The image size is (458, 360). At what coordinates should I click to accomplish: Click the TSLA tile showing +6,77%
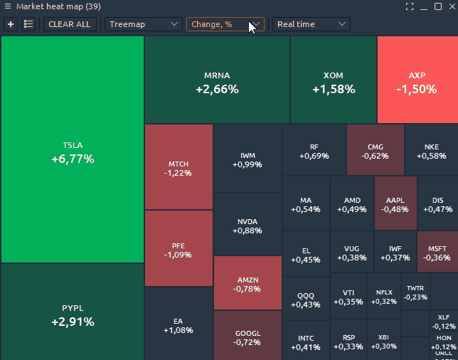tap(72, 152)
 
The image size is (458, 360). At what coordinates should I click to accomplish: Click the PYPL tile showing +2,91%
tap(72, 314)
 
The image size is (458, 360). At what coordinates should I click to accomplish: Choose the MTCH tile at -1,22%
tap(178, 168)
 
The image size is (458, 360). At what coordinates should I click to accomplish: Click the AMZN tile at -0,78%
tap(247, 283)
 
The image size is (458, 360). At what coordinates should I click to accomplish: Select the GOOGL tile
tap(247, 337)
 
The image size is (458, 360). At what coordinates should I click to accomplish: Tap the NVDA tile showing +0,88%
tap(247, 226)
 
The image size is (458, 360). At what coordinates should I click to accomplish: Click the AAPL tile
tap(395, 204)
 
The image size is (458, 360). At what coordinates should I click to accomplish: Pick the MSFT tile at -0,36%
tap(437, 252)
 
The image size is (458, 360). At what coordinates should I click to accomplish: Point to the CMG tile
tap(375, 151)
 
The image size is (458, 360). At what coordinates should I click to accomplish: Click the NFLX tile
tap(384, 296)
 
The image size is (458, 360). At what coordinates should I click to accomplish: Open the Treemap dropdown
tap(144, 24)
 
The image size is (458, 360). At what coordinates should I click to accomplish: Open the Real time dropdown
tap(311, 24)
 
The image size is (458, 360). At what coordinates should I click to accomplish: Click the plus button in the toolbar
tap(11, 24)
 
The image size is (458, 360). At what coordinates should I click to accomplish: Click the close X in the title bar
tap(451, 6)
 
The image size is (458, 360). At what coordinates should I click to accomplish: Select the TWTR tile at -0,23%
tap(415, 292)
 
